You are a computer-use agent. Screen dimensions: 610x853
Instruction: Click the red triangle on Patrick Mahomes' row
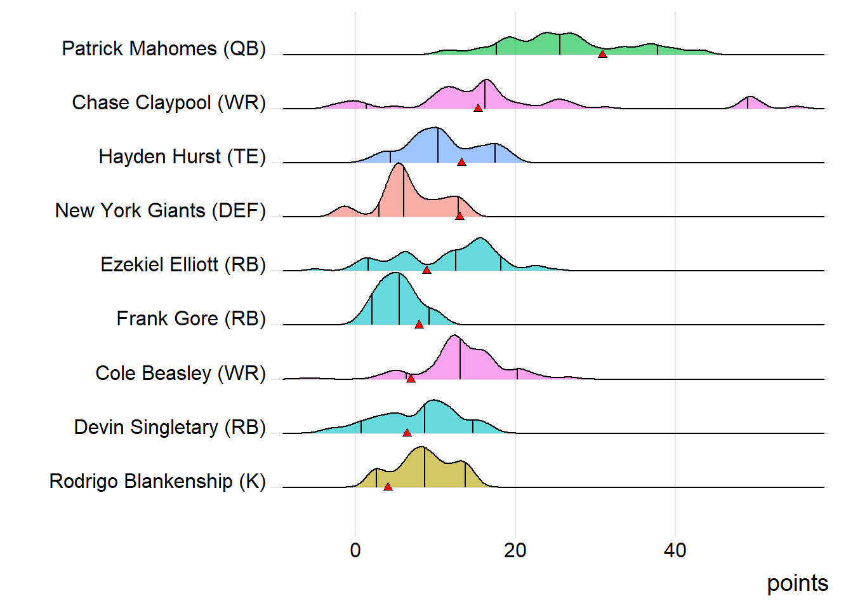pos(602,54)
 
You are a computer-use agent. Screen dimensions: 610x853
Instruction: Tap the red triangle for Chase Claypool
pos(478,108)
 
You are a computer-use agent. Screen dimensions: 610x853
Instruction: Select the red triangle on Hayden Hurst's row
pos(461,162)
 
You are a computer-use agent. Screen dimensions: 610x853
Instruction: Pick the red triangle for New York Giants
pos(460,216)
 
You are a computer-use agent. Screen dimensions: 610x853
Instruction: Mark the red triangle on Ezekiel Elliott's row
pos(426,270)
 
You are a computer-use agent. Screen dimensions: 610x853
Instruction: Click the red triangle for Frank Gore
pos(419,324)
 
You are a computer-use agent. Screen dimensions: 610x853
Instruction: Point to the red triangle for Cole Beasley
pos(411,379)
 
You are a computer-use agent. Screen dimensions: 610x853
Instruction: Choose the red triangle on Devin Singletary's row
pos(407,433)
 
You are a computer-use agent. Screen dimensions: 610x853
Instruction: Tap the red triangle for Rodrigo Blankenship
pos(388,487)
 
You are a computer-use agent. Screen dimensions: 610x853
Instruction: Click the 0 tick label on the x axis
pos(355,550)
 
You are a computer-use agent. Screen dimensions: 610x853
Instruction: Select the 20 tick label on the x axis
pos(515,550)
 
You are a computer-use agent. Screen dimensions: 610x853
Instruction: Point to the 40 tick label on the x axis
pos(675,550)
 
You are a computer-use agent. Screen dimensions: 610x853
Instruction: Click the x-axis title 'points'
pos(797,583)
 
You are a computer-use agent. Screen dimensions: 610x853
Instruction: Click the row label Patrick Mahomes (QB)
pos(164,48)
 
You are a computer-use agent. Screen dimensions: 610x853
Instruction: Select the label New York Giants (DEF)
pos(161,210)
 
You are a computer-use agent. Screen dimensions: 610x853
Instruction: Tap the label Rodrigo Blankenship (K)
pos(157,481)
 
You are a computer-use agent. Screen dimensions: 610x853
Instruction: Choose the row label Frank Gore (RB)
pos(191,318)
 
